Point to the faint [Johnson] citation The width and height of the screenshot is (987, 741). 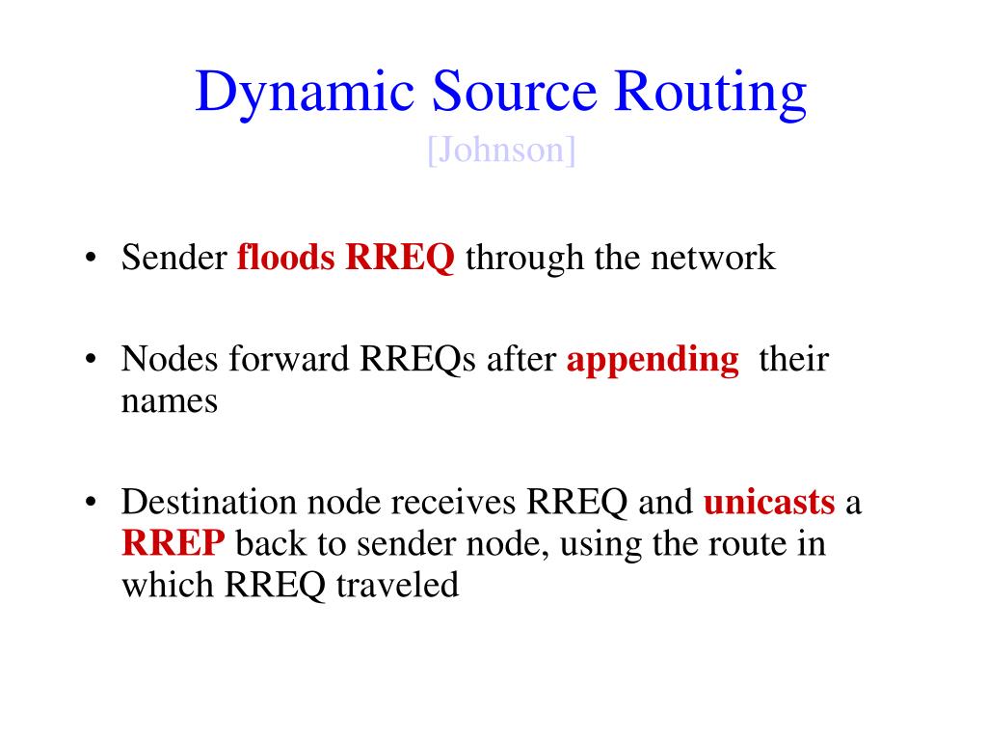click(x=501, y=151)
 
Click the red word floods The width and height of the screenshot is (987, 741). click(x=287, y=258)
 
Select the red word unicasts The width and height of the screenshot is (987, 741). click(x=769, y=503)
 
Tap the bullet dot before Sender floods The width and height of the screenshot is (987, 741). click(x=91, y=259)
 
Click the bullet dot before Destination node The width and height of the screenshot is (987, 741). click(x=91, y=504)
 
